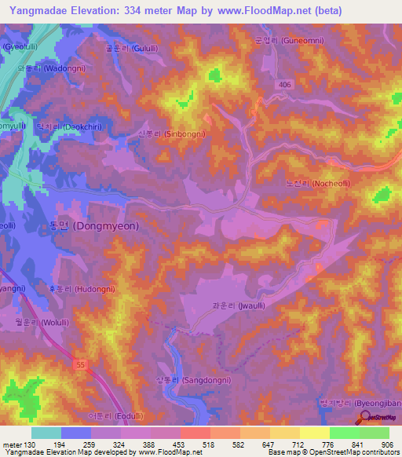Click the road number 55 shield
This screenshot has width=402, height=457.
point(80,364)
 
